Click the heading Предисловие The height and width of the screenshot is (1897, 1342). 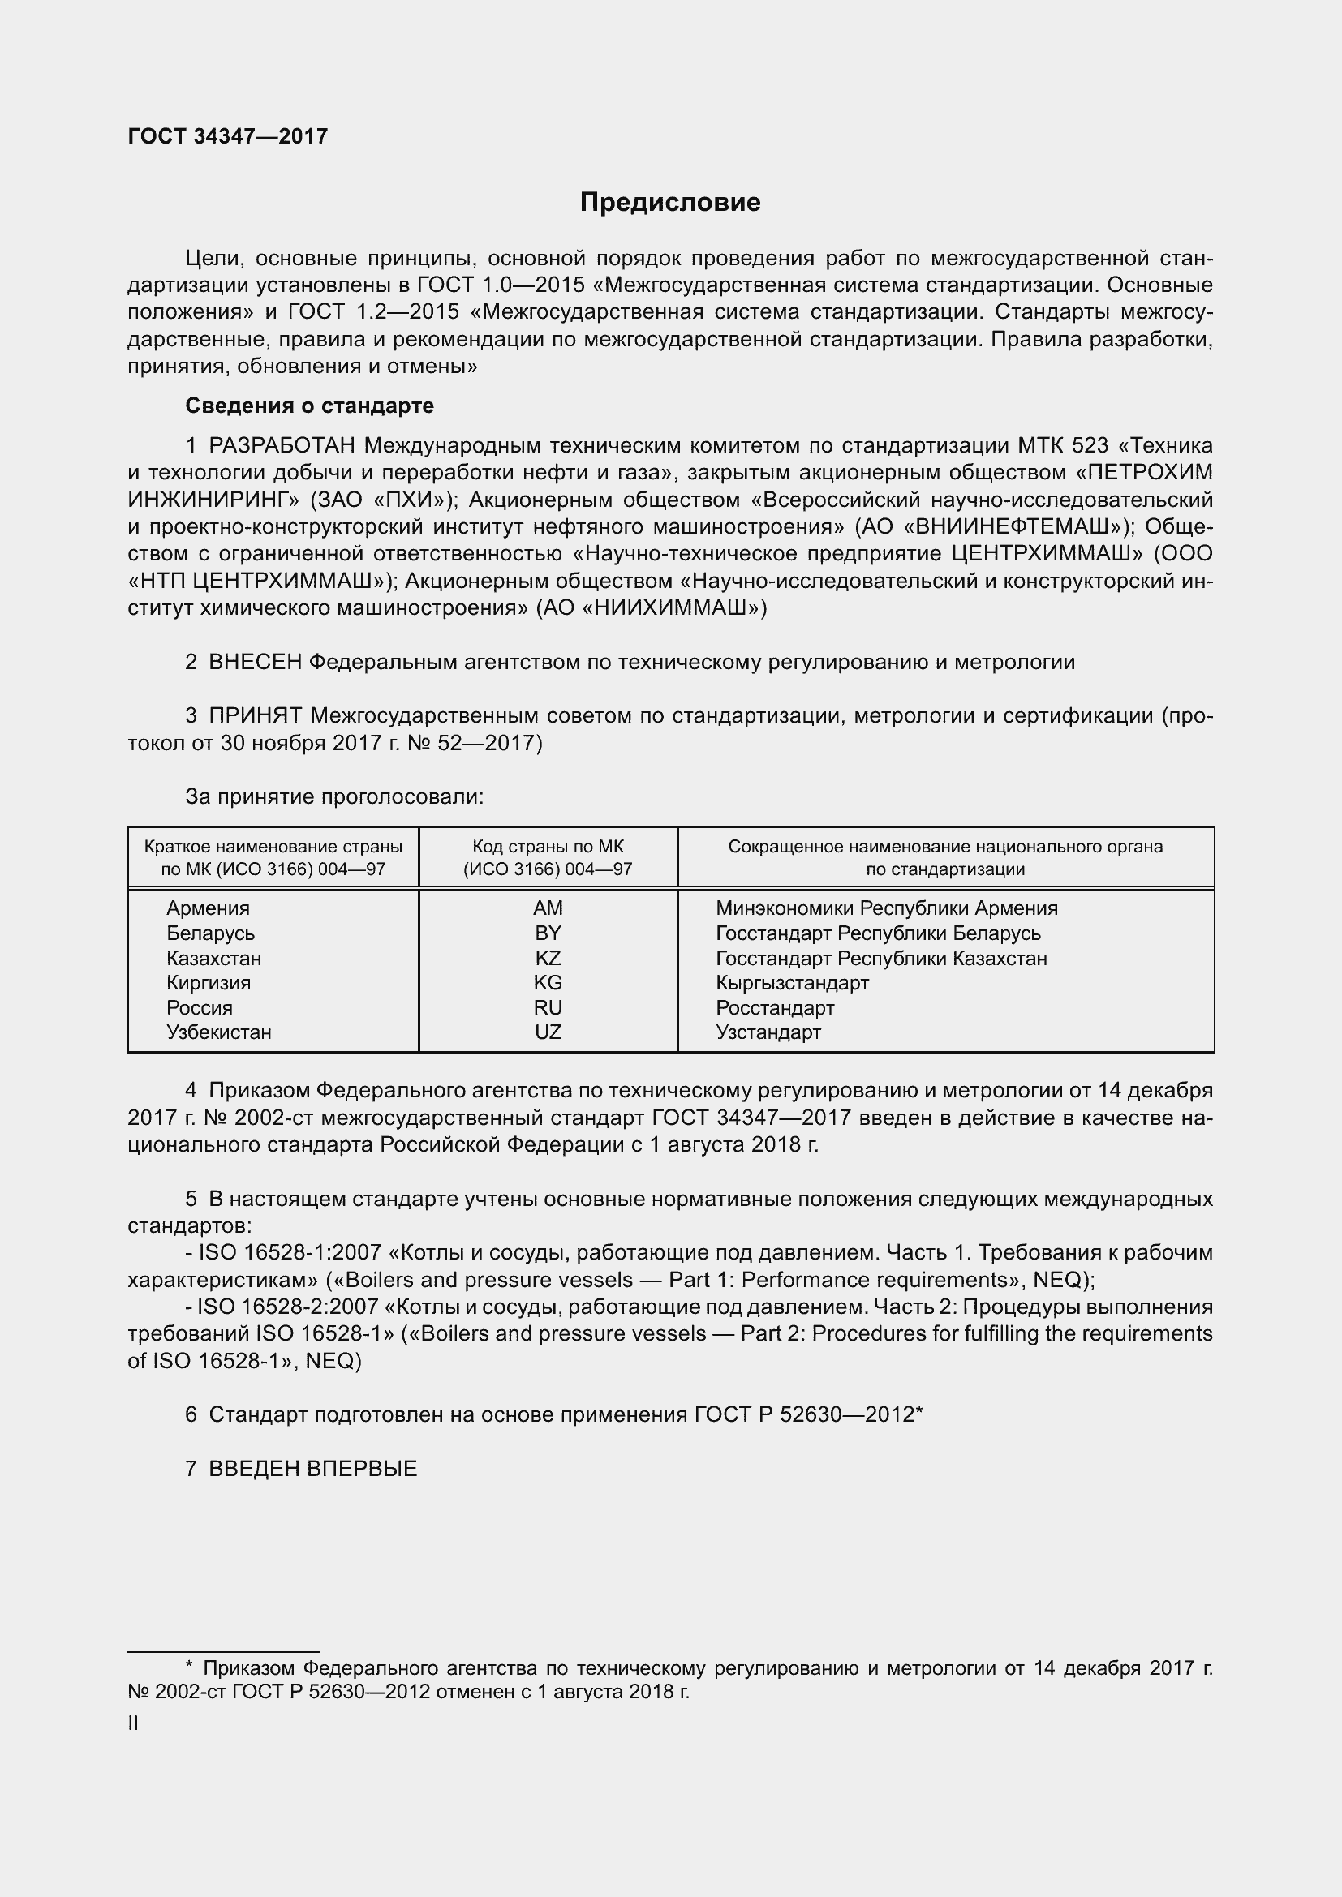click(669, 203)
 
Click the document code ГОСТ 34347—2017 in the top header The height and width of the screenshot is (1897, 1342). click(228, 136)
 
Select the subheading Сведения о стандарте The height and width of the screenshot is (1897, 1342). click(309, 406)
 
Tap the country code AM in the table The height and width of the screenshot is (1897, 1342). click(548, 908)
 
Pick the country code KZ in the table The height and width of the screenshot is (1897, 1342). click(548, 959)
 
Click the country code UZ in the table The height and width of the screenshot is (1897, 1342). click(548, 1032)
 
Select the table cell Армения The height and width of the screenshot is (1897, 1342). click(209, 908)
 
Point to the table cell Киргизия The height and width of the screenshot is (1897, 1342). click(209, 982)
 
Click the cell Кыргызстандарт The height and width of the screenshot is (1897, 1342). click(792, 982)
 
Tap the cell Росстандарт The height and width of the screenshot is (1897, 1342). click(774, 1008)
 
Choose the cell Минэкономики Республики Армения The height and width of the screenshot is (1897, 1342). click(886, 908)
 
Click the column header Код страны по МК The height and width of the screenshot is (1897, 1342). click(548, 847)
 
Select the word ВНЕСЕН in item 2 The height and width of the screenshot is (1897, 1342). click(256, 662)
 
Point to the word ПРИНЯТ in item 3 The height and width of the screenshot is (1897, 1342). click(256, 715)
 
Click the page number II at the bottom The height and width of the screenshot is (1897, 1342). click(133, 1723)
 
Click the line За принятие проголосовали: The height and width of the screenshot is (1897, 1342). click(333, 796)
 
